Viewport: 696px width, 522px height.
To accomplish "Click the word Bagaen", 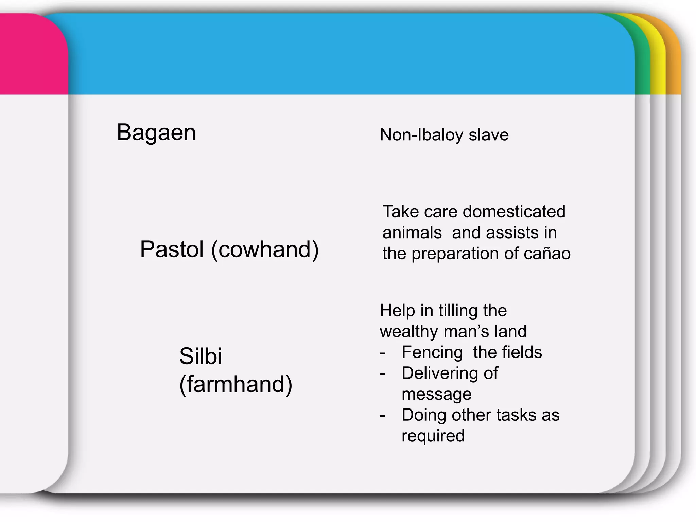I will [x=156, y=133].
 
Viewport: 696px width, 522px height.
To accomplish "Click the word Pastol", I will [x=172, y=249].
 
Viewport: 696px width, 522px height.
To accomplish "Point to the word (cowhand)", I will [x=265, y=249].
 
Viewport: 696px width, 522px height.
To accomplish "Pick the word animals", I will [x=412, y=233].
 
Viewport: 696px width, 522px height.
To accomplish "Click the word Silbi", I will [x=201, y=356].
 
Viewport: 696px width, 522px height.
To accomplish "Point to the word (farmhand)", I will [x=236, y=384].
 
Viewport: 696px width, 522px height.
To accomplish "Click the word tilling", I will [x=458, y=311].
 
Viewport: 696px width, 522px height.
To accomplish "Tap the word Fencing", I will [x=432, y=352].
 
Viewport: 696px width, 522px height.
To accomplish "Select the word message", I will [x=436, y=394].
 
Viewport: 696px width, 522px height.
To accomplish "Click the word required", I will [x=433, y=436].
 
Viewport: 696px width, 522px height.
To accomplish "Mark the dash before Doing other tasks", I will [x=383, y=416].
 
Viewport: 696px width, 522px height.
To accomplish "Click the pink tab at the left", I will [x=31, y=54].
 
